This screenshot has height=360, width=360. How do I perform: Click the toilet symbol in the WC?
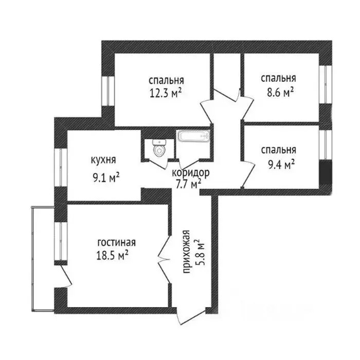click(x=159, y=149)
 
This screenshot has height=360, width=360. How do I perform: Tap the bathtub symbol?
click(x=193, y=137)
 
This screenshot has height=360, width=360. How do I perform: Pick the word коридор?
click(x=191, y=173)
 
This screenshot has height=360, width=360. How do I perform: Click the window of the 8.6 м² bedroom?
click(x=324, y=85)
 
